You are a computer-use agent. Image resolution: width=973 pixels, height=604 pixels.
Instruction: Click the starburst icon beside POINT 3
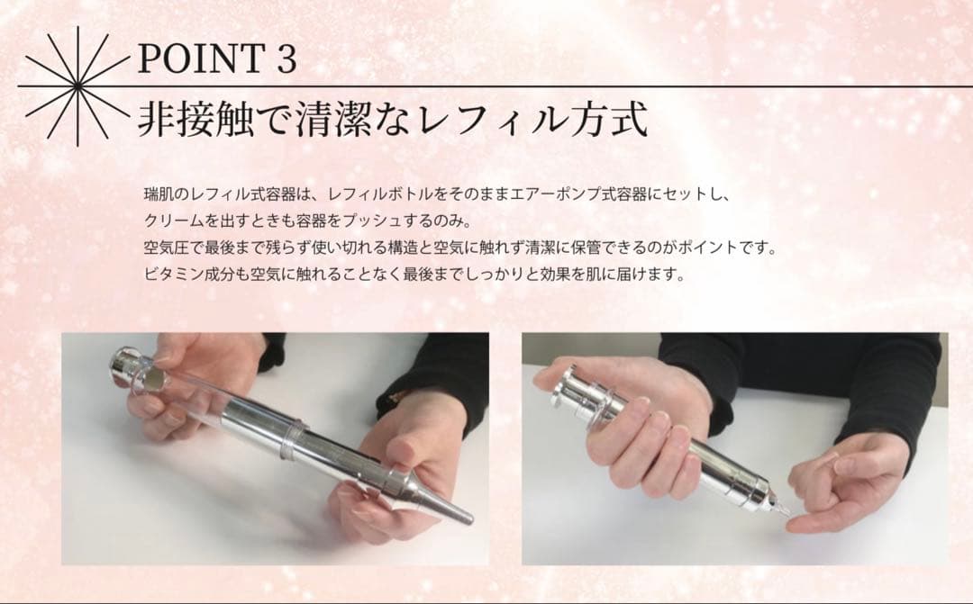(x=77, y=86)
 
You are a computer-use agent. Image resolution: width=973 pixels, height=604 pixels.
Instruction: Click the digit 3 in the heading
(x=282, y=59)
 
